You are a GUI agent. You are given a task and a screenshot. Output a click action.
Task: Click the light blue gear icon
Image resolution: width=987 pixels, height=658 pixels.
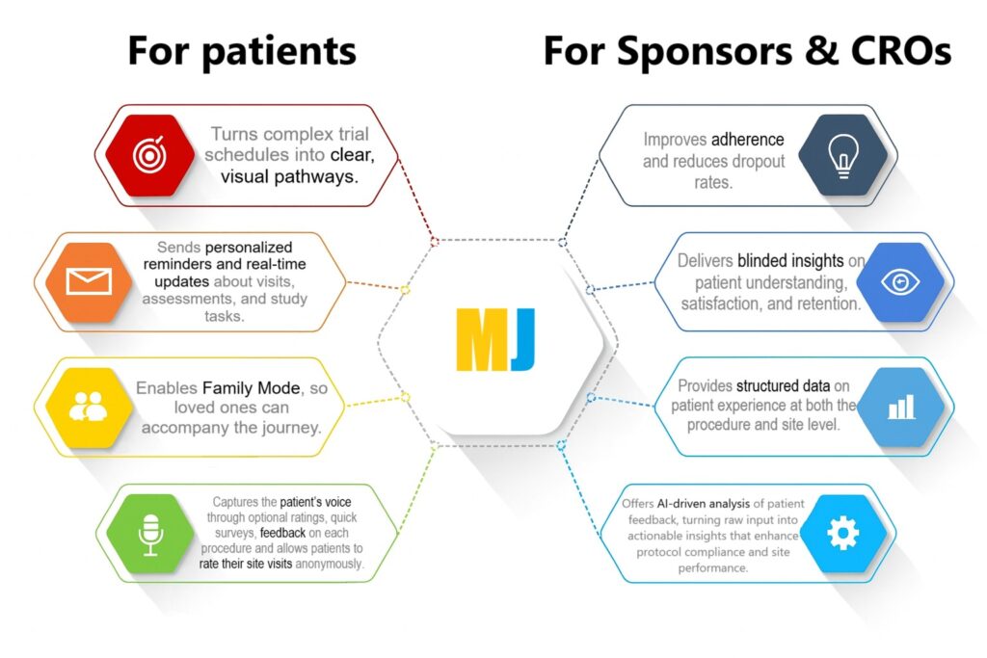(x=841, y=533)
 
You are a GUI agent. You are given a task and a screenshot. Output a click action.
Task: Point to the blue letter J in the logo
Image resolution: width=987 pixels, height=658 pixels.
(x=521, y=340)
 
